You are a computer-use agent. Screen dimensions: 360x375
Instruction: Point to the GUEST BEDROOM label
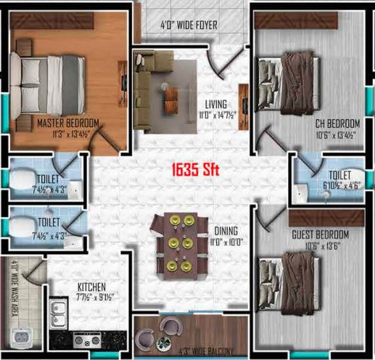320,234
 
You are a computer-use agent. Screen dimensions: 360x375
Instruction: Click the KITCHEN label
93,287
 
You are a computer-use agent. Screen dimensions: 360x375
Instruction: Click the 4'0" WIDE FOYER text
189,25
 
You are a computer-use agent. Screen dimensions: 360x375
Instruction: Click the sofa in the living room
146,88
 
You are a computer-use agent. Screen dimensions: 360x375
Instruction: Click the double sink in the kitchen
59,313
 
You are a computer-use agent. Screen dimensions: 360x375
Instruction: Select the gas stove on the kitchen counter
87,339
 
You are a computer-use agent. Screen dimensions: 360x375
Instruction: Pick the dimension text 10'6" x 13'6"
320,245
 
